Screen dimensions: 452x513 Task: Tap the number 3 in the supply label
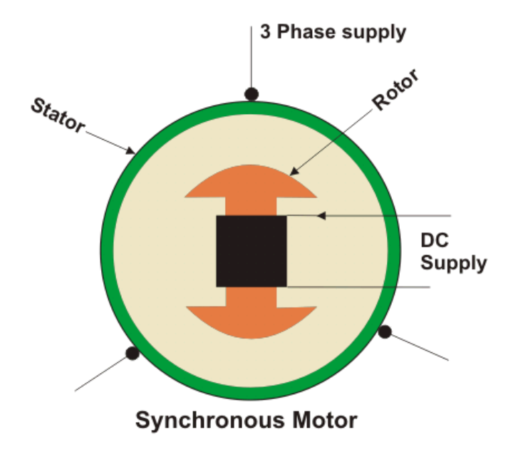[264, 32]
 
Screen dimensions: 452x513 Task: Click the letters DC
[434, 242]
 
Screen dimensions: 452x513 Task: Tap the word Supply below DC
[453, 263]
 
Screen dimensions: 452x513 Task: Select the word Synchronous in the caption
[205, 420]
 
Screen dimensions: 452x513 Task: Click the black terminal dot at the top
[251, 93]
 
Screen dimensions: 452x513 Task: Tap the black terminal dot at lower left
[132, 352]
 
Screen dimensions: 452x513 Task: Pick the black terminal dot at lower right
[385, 332]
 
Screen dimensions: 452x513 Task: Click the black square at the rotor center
[252, 251]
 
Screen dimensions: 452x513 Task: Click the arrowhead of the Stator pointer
[131, 151]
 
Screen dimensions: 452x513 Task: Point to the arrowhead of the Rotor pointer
[294, 172]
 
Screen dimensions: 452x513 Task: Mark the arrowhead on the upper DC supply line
[321, 215]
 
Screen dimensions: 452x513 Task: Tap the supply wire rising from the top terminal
[251, 57]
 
